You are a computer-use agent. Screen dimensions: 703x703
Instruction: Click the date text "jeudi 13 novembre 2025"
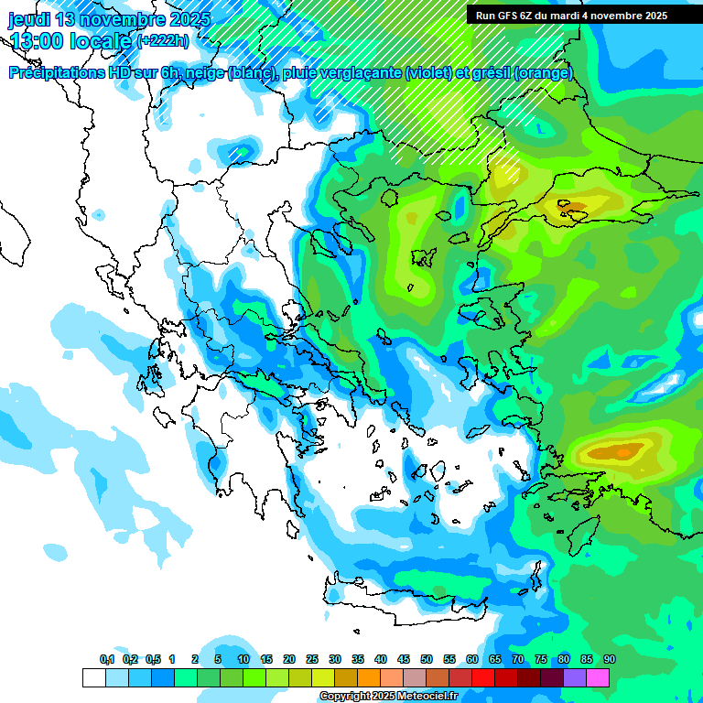point(109,19)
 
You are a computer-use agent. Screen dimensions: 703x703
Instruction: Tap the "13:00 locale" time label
point(70,40)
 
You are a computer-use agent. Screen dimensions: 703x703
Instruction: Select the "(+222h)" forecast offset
point(163,40)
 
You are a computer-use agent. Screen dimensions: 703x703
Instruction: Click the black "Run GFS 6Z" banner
point(571,16)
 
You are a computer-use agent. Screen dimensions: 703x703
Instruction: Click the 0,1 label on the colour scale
point(106,659)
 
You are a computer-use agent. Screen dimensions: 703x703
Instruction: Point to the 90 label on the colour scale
point(609,659)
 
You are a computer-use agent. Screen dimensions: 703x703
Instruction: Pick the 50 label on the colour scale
point(427,659)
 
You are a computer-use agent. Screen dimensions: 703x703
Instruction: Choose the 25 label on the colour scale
point(312,659)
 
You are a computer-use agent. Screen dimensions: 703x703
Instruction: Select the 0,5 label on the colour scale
point(153,659)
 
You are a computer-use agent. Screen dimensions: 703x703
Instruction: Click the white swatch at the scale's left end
point(93,677)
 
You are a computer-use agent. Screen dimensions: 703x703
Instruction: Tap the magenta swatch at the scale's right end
point(598,677)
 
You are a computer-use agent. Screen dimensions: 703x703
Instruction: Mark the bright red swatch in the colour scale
point(483,677)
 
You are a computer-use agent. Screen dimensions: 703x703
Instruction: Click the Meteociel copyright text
point(388,697)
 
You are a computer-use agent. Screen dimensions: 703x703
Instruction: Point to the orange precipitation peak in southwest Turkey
point(622,451)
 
